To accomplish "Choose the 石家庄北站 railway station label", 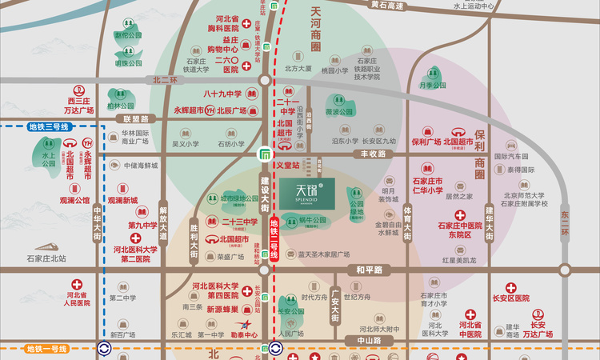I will coord(46,258).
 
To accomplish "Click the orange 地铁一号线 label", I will coord(49,349).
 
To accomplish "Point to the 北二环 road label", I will coord(166,80).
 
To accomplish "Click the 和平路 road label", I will coord(367,270).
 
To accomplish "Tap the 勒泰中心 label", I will coord(244,335).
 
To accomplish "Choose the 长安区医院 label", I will coord(512,298).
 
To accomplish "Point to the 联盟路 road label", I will coord(137,118).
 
